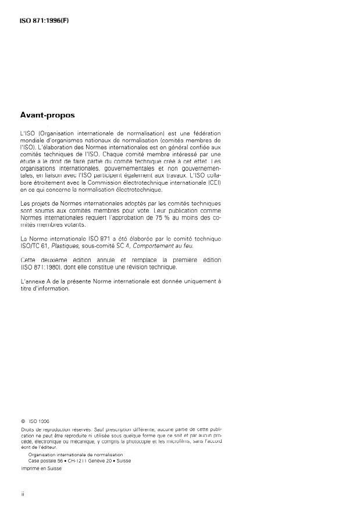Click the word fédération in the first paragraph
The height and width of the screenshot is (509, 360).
pos(205,134)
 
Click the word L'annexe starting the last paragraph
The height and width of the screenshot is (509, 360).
pos(33,281)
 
